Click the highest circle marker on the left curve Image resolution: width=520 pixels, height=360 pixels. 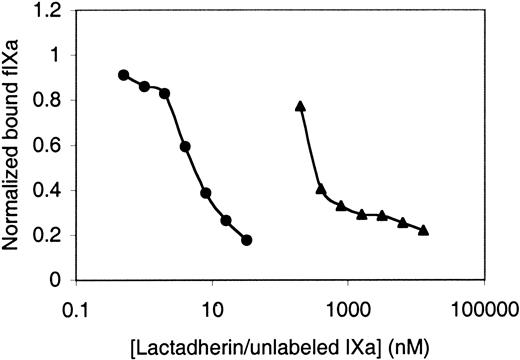123,75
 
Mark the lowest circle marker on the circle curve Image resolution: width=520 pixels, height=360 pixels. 247,240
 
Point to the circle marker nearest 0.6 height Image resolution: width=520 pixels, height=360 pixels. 185,147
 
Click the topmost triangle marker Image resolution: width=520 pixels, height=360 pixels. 300,105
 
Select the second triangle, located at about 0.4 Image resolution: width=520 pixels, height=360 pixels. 320,188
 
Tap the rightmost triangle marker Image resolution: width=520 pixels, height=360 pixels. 424,231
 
